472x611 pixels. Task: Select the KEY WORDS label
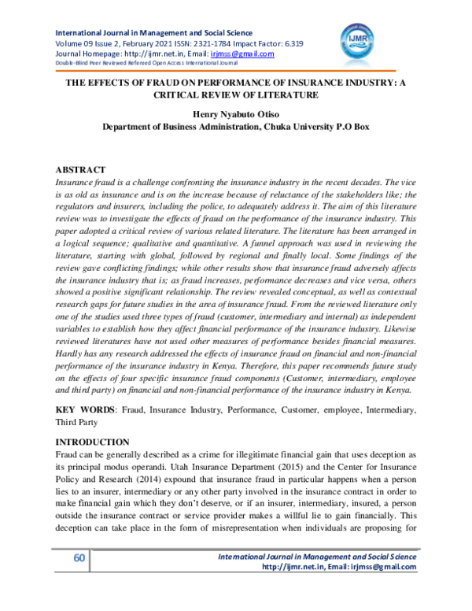[84, 409]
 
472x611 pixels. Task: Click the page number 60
[79, 580]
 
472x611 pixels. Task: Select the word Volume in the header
[68, 43]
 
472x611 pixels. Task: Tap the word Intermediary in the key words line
[387, 409]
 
